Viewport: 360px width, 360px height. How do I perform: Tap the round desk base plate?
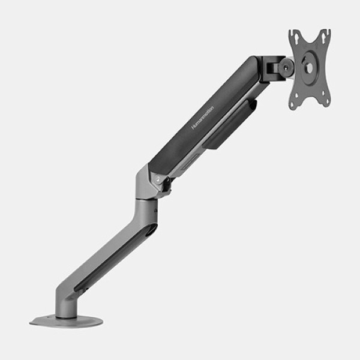(67, 321)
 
